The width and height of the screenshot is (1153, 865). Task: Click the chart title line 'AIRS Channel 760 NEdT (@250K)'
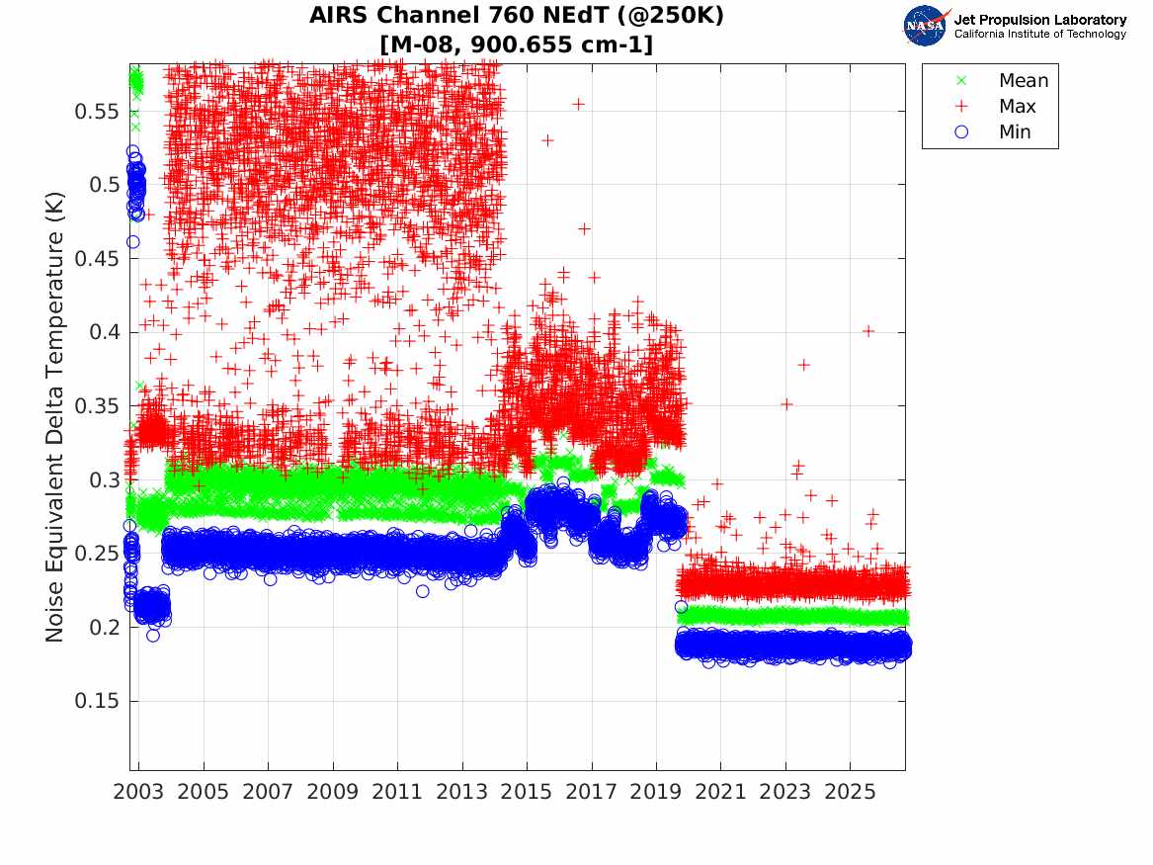pyautogui.click(x=516, y=15)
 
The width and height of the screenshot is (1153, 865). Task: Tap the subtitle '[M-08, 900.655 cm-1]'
pyautogui.click(x=516, y=44)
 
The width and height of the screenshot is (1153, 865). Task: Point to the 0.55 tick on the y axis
pyautogui.click(x=96, y=111)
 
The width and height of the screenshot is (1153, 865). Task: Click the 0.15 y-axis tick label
pyautogui.click(x=96, y=700)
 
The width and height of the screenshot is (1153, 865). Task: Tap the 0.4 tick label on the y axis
pyautogui.click(x=105, y=332)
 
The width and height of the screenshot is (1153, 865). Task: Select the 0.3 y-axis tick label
pyautogui.click(x=105, y=479)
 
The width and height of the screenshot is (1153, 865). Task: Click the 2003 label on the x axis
pyautogui.click(x=138, y=792)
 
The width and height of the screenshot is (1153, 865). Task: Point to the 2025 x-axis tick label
pyautogui.click(x=850, y=792)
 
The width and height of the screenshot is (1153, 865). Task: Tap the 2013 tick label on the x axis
pyautogui.click(x=461, y=792)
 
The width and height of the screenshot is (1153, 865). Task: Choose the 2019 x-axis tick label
pyautogui.click(x=656, y=792)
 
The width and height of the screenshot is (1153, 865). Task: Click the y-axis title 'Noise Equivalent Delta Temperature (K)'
pyautogui.click(x=55, y=417)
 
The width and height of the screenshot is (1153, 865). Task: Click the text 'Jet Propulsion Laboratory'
pyautogui.click(x=1040, y=20)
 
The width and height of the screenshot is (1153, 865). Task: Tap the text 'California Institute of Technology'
pyautogui.click(x=1040, y=34)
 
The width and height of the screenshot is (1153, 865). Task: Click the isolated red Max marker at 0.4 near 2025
pyautogui.click(x=868, y=331)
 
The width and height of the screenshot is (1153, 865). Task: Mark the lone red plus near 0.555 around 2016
pyautogui.click(x=579, y=104)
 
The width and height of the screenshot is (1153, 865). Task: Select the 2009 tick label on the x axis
pyautogui.click(x=332, y=792)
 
